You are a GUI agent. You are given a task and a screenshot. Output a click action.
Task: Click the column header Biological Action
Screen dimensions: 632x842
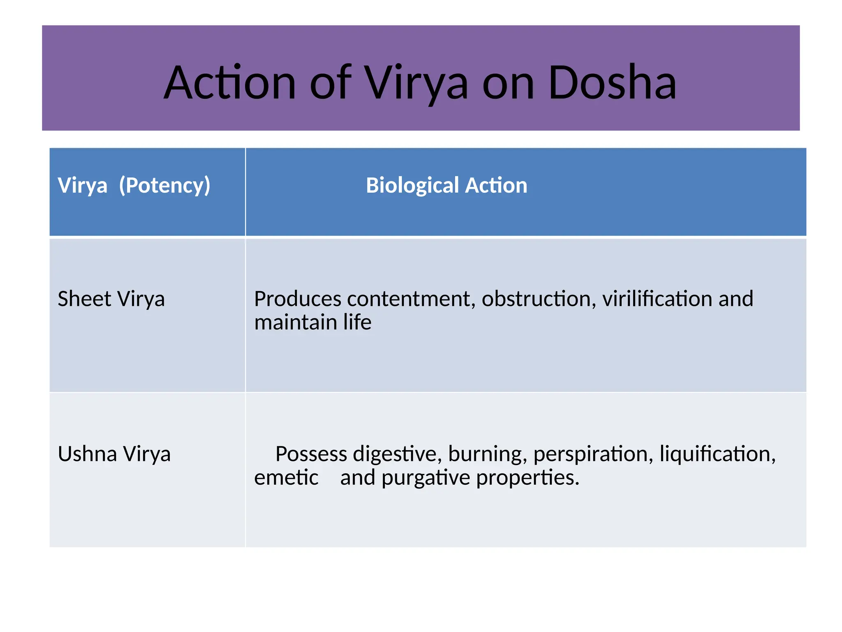[446, 185]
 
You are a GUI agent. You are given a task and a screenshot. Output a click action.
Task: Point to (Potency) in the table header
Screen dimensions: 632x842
[164, 185]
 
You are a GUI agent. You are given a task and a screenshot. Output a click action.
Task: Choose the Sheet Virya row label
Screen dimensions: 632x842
[111, 299]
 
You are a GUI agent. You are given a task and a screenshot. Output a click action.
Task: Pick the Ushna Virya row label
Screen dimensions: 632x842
[114, 454]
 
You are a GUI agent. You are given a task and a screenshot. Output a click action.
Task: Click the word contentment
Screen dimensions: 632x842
[411, 299]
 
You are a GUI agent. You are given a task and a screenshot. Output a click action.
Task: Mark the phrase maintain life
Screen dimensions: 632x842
[313, 322]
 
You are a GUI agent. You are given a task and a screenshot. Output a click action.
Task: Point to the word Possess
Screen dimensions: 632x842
[311, 454]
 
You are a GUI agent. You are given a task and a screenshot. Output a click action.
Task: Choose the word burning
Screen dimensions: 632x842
[488, 455]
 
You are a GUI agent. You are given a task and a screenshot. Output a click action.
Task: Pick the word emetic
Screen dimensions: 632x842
[286, 478]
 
